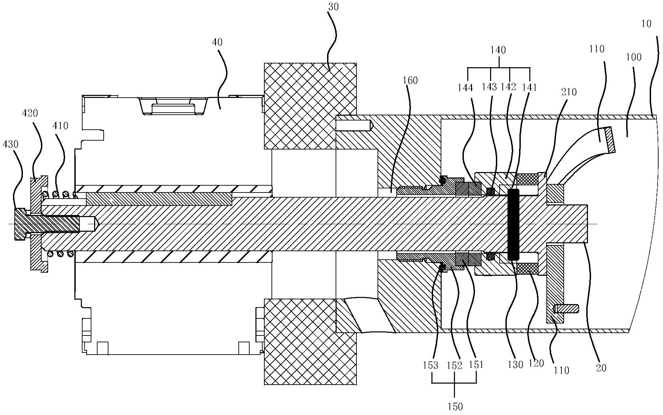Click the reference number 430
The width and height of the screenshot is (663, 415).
point(10,144)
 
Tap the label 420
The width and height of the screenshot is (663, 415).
point(30,113)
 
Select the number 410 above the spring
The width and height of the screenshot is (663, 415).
point(60,126)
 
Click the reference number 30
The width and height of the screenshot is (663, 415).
point(333,6)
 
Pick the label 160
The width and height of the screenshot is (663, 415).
point(410,80)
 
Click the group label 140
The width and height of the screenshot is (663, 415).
point(498,50)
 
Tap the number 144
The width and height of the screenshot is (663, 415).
point(466,88)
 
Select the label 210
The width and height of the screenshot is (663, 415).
point(569,92)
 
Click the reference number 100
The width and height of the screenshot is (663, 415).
point(634,57)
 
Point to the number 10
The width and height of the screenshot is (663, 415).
point(646,24)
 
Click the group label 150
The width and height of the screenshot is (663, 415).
point(455,406)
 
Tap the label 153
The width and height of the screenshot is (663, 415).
point(430,366)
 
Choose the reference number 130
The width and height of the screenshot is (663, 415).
point(515,365)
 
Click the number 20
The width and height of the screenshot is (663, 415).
point(601,368)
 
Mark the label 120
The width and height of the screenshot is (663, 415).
point(536,363)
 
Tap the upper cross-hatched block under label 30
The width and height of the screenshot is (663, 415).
point(310,106)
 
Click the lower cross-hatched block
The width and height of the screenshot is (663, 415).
point(310,342)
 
